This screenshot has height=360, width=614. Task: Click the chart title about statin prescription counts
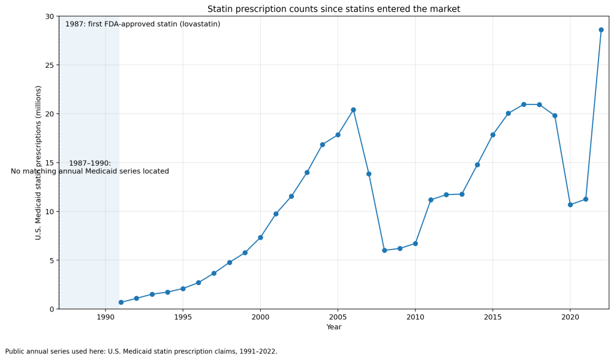point(333,9)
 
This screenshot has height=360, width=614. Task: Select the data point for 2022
point(601,29)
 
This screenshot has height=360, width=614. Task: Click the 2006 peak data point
point(353,110)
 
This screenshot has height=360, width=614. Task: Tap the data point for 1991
point(121,302)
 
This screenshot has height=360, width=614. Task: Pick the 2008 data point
point(384,250)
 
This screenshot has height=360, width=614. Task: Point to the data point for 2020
point(570,205)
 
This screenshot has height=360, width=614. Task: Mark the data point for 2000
point(260,238)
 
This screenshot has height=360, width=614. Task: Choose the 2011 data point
point(431,200)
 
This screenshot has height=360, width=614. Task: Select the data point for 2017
point(523,104)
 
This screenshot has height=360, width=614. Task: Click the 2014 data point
point(477,164)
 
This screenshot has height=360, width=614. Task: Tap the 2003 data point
point(307,172)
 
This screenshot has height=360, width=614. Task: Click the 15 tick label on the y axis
point(49,163)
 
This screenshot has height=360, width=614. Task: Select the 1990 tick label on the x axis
point(106,317)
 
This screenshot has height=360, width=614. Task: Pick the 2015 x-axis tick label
point(493,317)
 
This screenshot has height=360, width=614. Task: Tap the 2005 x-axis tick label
point(338,317)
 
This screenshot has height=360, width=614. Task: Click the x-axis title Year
point(334,327)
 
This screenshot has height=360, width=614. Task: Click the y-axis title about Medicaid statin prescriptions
point(38,163)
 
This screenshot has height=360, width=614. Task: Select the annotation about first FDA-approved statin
point(143,24)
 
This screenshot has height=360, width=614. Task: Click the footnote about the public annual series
point(141,352)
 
